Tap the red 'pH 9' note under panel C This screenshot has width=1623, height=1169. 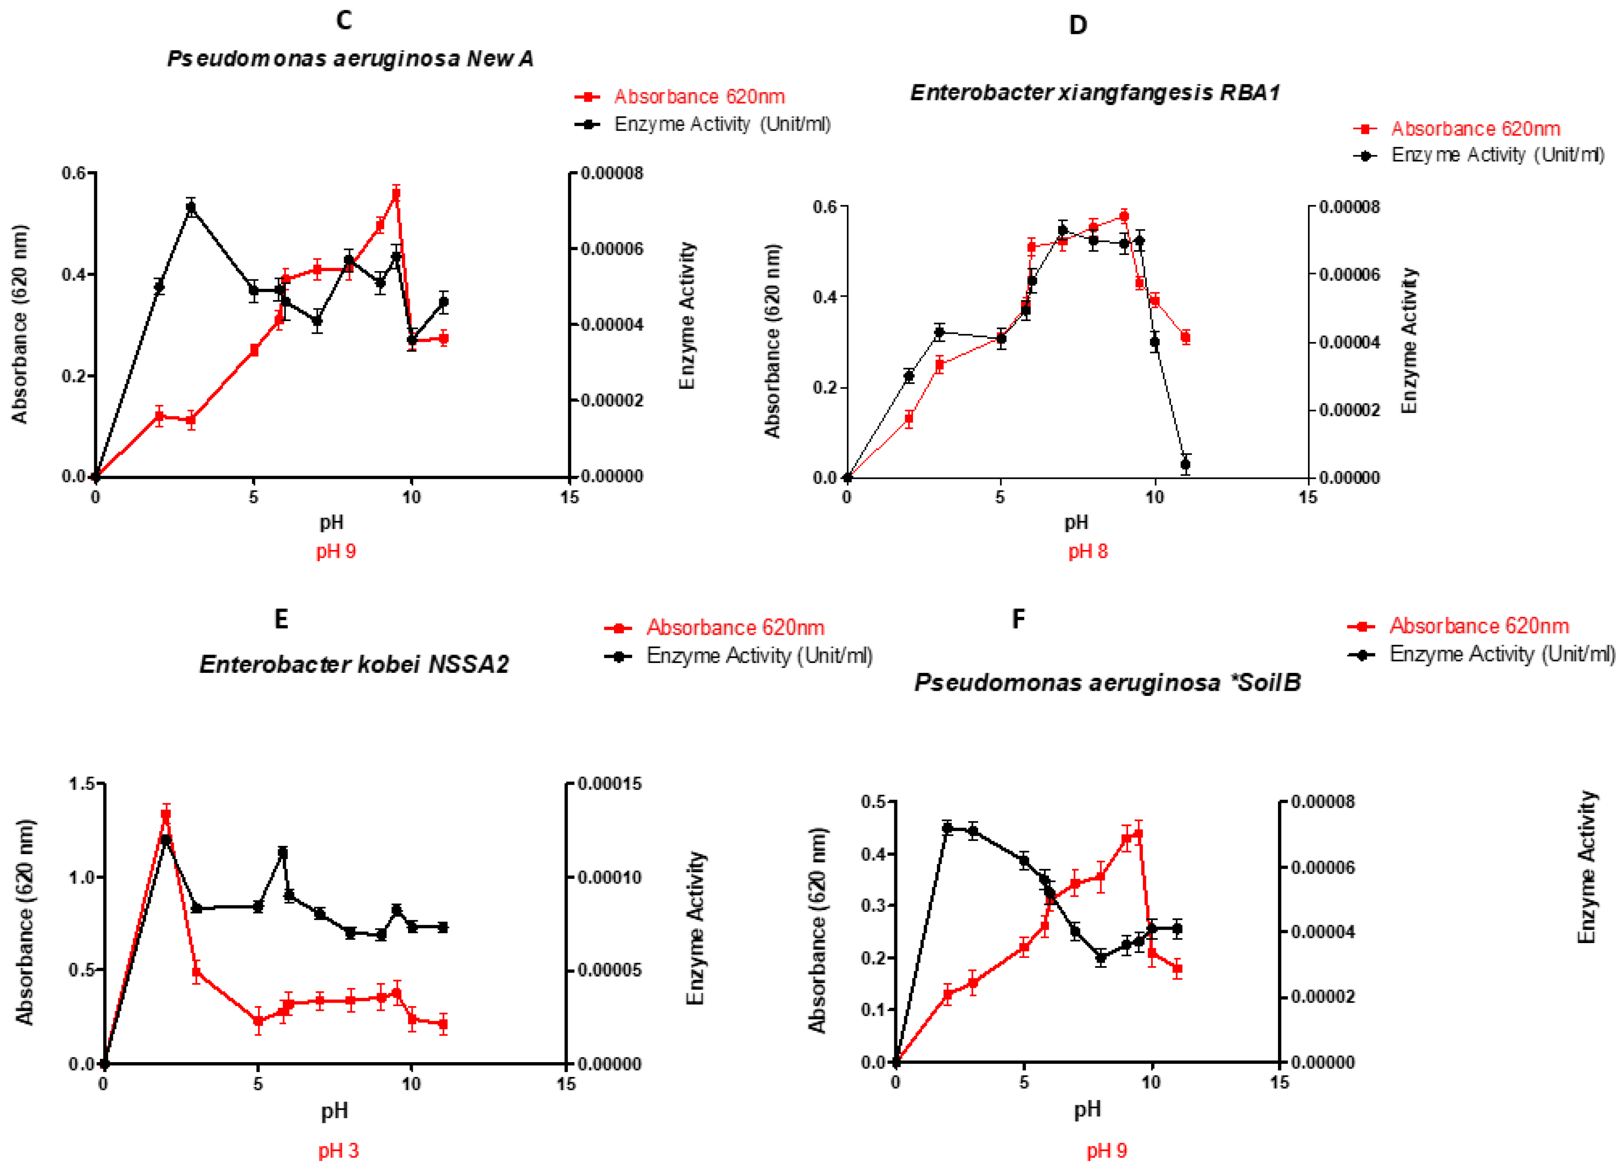[335, 551]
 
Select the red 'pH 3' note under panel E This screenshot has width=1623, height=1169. [339, 1150]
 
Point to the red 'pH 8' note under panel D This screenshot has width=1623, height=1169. [1088, 551]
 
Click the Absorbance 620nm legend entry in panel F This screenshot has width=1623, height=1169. [1478, 626]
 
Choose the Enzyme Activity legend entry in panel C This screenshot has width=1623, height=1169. [721, 125]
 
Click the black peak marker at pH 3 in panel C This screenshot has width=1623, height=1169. [191, 208]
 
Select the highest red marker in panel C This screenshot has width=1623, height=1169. [396, 194]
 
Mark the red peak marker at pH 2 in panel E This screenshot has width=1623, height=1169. [166, 814]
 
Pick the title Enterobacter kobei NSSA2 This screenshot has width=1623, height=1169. [354, 665]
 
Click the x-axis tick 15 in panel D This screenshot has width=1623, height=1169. [1308, 498]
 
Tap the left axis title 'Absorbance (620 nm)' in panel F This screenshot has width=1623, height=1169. [817, 930]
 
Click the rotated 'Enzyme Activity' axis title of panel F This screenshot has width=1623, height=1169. [1586, 867]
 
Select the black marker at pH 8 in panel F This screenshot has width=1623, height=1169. [1101, 958]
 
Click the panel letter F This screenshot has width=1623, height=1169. [1018, 618]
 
